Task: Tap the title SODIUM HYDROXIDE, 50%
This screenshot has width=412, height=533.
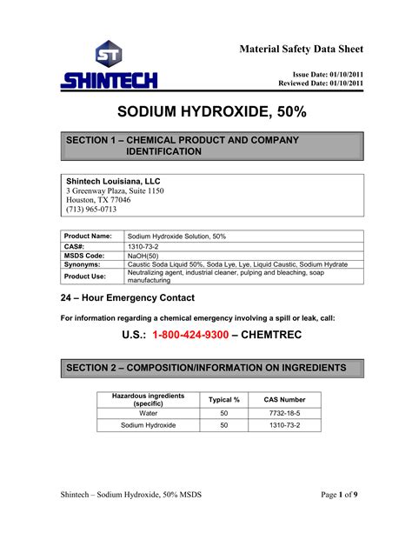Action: click(206, 114)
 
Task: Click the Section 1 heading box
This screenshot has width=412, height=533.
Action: click(206, 146)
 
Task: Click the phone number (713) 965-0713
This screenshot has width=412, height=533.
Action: click(91, 210)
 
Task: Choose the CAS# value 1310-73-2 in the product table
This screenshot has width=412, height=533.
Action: click(144, 247)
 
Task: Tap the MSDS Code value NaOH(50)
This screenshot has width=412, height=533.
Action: click(145, 256)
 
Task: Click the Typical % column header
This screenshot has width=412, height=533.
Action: click(225, 399)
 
